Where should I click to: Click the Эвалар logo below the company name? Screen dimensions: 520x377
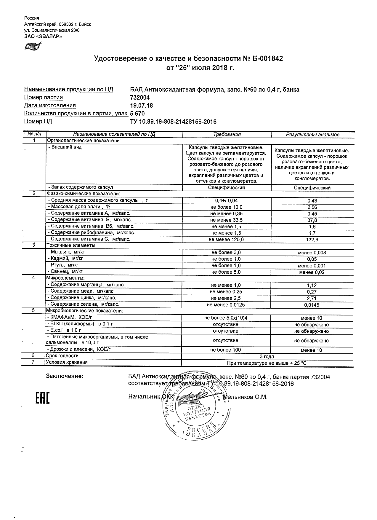pos(33,46)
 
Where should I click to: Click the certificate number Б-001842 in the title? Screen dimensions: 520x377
pos(267,59)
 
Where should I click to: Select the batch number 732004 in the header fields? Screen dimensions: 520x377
pos(140,98)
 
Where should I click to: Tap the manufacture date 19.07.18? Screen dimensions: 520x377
pos(141,106)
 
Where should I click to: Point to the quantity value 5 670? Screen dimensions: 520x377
pos(137,114)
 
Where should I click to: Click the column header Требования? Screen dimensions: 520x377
pos(227,135)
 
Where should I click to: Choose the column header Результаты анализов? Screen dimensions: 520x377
pos(312,135)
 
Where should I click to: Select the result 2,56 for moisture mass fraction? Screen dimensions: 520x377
pos(312,207)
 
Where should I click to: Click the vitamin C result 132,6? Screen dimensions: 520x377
pos(312,240)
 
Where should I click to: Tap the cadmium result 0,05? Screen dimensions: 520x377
pos(312,259)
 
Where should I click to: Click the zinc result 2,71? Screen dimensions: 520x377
pos(312,298)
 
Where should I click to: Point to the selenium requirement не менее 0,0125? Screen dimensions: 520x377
pos(226,305)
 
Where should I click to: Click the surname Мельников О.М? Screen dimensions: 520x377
pos(245,397)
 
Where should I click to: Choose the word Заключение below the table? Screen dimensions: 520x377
pos(64,377)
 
